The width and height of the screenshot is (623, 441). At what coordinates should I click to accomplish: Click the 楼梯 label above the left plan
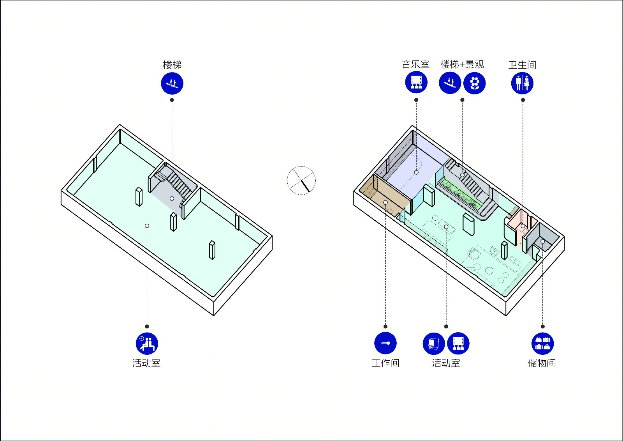[x=172, y=65]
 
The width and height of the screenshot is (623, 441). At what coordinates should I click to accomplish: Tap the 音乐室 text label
[x=415, y=64]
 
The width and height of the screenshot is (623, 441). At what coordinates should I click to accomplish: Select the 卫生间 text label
[x=522, y=65]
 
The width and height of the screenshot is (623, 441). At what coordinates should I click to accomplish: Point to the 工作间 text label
[x=385, y=363]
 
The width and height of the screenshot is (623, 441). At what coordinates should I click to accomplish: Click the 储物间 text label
[x=542, y=363]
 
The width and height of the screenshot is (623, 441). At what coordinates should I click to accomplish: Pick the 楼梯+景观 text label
[x=462, y=64]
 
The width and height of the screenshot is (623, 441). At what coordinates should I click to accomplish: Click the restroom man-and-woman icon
[x=522, y=83]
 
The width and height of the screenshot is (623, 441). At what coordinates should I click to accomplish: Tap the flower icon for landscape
[x=475, y=83]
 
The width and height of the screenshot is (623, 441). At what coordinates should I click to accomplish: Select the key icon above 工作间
[x=385, y=343]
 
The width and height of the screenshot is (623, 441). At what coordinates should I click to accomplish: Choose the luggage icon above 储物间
[x=543, y=343]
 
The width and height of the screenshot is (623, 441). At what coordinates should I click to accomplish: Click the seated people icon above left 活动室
[x=147, y=343]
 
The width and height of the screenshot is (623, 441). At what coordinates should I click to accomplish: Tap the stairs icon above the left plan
[x=172, y=83]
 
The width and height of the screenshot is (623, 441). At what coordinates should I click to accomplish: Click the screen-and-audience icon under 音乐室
[x=416, y=82]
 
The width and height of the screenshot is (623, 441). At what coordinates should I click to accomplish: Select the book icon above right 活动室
[x=434, y=343]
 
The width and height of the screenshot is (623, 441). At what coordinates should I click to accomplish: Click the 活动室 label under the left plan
[x=146, y=363]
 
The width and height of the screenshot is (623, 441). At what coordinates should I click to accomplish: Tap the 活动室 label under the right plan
[x=446, y=363]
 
